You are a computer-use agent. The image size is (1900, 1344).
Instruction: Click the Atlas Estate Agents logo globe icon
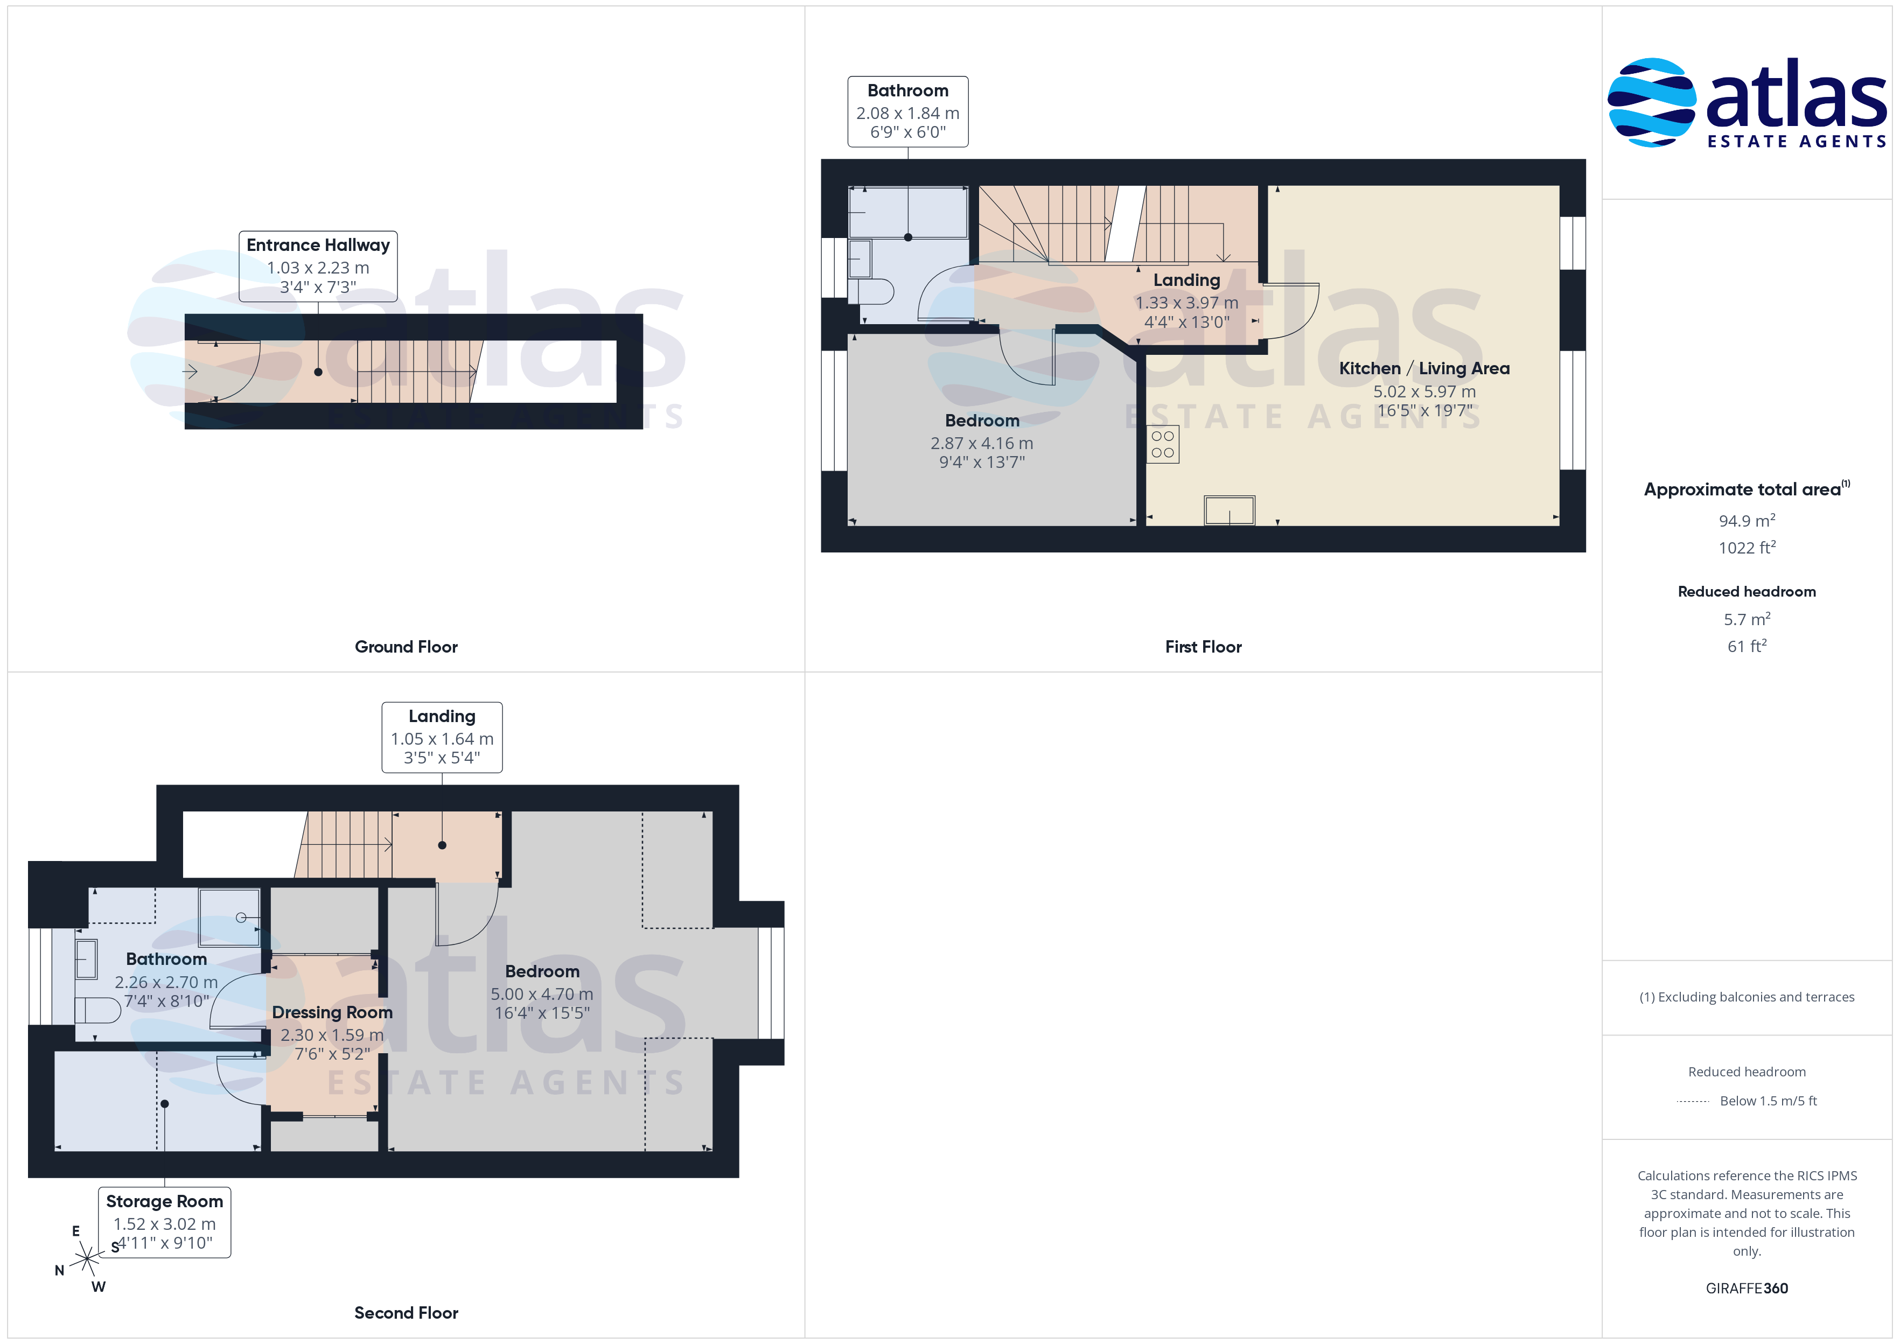point(1651,103)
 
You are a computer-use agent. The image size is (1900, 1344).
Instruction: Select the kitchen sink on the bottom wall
point(1229,510)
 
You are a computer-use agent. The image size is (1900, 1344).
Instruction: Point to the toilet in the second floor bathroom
point(97,1010)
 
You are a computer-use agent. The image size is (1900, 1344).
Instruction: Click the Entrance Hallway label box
point(318,265)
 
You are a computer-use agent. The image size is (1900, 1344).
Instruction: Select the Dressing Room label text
point(332,1012)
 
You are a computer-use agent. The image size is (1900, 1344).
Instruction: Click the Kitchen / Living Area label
point(1424,368)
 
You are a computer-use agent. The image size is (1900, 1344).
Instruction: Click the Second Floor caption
point(406,1313)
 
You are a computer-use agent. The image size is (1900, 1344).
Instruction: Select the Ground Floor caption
point(406,646)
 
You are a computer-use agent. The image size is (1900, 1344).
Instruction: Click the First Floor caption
point(1203,646)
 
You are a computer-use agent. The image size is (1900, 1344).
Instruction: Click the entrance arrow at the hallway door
point(190,372)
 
